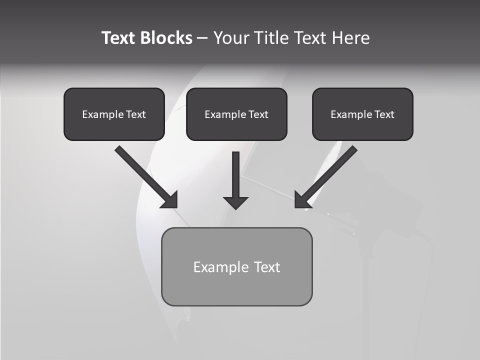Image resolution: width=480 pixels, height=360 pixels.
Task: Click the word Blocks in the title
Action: (166, 38)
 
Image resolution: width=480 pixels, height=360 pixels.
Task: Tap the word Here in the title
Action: (352, 38)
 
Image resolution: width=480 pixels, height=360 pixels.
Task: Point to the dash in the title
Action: (202, 38)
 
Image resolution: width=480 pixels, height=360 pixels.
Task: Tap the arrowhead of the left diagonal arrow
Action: (170, 200)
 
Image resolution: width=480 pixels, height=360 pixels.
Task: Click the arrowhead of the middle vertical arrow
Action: (235, 202)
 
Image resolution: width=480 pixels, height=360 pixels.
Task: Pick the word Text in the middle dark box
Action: (258, 114)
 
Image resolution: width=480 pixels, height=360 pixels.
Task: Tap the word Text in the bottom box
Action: (267, 267)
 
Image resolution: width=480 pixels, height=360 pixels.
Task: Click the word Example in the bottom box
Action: (221, 267)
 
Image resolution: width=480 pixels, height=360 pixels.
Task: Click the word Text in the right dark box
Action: (384, 114)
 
